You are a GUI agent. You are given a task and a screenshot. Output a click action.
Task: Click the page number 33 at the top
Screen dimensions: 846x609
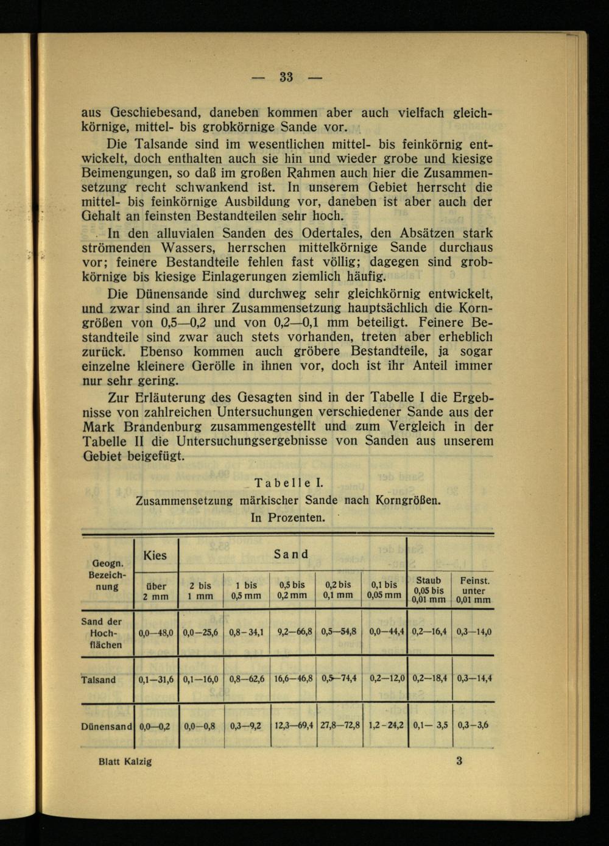tap(287, 77)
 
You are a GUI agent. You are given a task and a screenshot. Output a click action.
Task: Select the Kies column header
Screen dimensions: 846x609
tap(155, 555)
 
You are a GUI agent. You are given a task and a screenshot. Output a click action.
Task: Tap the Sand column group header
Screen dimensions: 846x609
tap(291, 554)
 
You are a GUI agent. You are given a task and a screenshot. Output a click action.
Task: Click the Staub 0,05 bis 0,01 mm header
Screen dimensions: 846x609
tap(428, 590)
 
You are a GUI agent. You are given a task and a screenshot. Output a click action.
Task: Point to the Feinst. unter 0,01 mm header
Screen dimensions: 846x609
tap(474, 590)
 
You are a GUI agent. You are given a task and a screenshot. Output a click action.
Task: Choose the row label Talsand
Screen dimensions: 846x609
tap(98, 680)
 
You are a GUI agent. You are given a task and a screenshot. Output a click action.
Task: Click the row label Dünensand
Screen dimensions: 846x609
tap(106, 727)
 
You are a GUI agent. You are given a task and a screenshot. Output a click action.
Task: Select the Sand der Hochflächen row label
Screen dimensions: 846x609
tap(101, 633)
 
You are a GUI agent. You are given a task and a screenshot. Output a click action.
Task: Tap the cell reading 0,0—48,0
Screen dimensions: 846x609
tap(156, 633)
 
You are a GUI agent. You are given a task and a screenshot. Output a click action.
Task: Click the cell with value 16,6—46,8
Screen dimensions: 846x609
tap(293, 679)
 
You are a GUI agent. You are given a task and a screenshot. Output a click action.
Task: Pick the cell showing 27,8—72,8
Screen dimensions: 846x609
tap(340, 725)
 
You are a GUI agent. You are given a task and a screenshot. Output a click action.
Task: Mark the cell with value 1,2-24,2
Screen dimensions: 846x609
tap(386, 725)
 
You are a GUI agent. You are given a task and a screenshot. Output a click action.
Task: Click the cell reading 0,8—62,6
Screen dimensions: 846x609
tap(247, 679)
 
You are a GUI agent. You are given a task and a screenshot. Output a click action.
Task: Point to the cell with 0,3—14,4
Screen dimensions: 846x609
tap(474, 678)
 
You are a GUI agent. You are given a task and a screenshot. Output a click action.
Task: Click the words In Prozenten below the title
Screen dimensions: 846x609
tap(287, 518)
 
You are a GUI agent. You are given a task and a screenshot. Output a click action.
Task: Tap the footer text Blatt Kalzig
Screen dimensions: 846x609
tap(125, 761)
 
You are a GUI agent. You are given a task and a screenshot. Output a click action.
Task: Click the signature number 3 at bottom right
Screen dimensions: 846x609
tap(459, 760)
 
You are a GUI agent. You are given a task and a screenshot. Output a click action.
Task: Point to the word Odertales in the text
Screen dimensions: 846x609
tap(330, 233)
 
